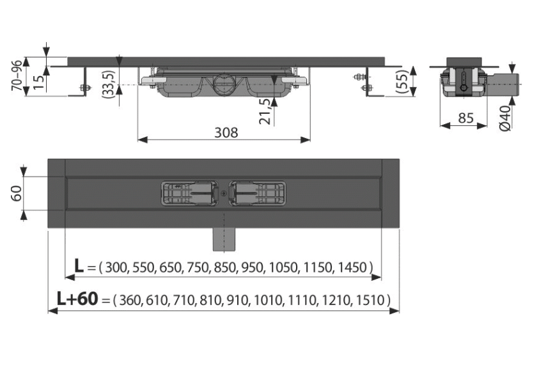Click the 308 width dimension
coord(226,132)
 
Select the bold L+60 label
coord(77,299)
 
